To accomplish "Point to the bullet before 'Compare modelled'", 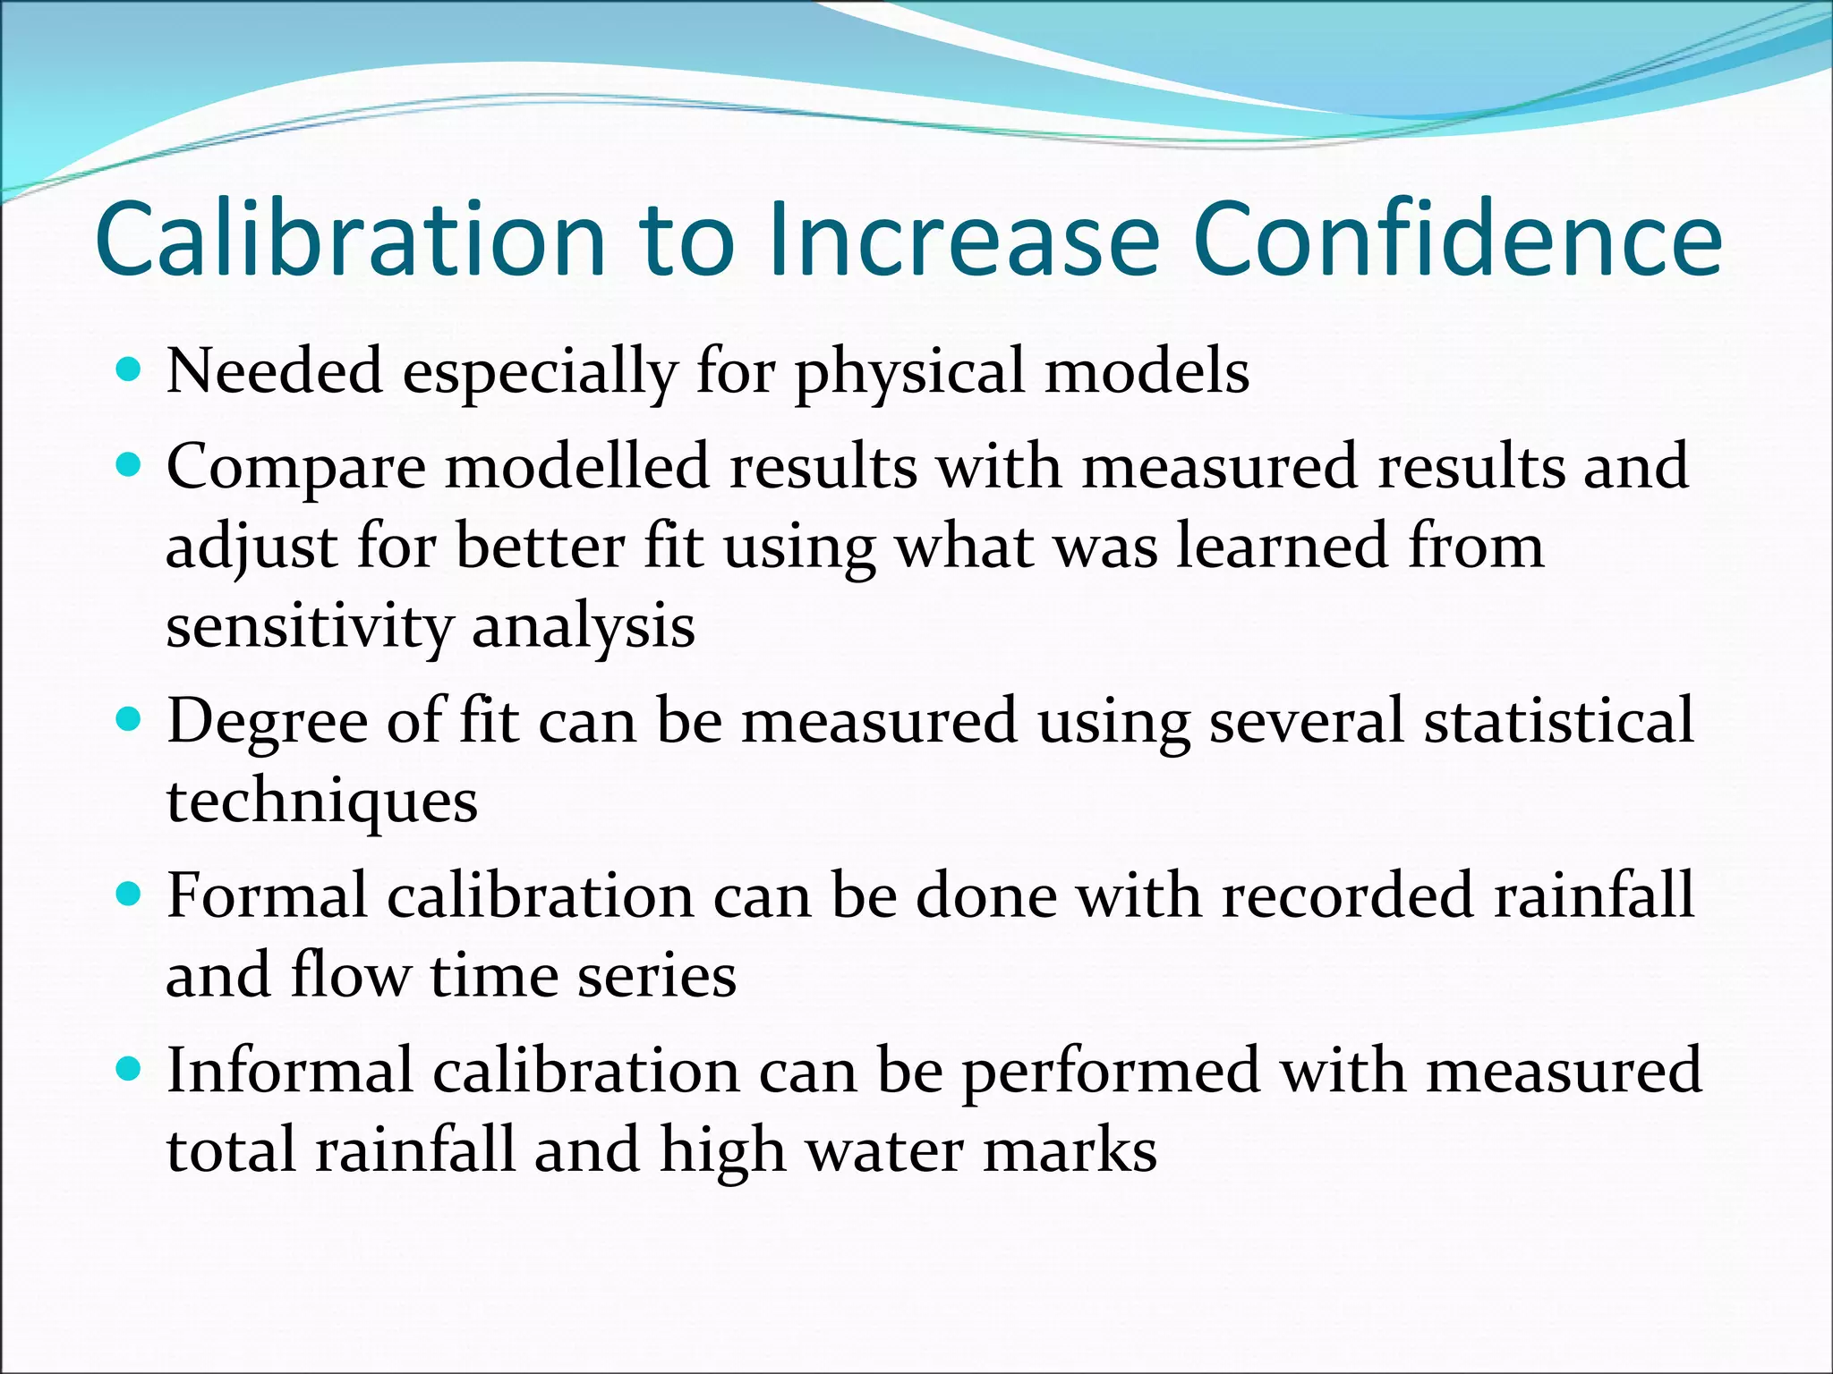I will coord(130,464).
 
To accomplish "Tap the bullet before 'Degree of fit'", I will coord(130,718).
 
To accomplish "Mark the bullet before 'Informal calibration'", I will coord(130,1068).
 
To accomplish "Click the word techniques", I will coord(322,801).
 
